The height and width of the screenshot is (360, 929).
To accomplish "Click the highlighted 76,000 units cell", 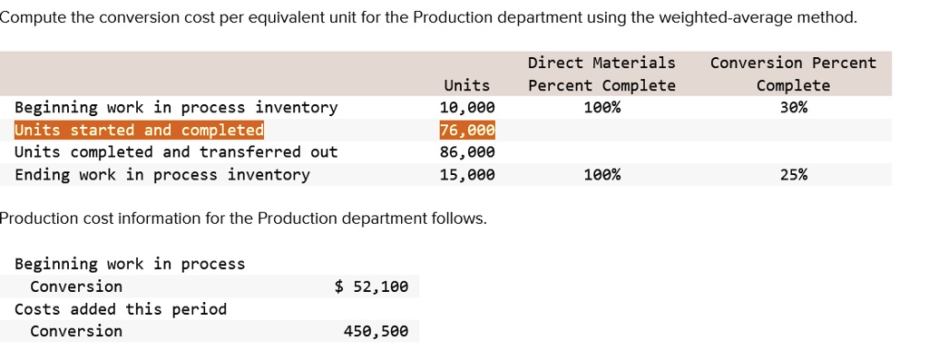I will (x=467, y=130).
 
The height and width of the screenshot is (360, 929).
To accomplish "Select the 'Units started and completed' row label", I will (x=139, y=130).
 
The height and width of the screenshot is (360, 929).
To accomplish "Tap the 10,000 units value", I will (x=467, y=108).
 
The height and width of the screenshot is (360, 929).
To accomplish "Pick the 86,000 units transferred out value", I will (x=467, y=152).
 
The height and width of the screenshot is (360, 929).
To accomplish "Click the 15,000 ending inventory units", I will (x=467, y=174).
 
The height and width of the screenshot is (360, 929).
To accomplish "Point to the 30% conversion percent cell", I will (x=793, y=108).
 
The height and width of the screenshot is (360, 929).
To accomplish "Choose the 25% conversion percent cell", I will (x=793, y=174).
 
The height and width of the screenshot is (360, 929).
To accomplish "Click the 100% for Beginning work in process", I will (x=601, y=108).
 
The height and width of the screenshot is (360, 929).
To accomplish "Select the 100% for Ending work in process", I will (x=601, y=174).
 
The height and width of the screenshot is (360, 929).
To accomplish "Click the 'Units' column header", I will (x=466, y=85).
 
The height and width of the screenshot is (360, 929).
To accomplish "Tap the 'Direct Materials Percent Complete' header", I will (x=601, y=73).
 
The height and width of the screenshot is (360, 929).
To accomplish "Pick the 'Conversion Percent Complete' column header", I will (x=793, y=73).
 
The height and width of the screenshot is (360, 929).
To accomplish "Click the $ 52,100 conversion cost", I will (x=371, y=287).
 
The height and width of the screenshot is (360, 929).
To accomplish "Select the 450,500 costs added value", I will (x=376, y=331).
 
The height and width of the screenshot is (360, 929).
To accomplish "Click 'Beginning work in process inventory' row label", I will (x=176, y=108).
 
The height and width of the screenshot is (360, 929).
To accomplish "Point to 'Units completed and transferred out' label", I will (x=176, y=152).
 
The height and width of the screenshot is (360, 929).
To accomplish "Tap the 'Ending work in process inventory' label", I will (x=161, y=174).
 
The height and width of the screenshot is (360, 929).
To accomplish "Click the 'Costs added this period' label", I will (x=121, y=309).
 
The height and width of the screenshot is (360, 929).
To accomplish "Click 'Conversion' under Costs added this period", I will (x=76, y=331).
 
